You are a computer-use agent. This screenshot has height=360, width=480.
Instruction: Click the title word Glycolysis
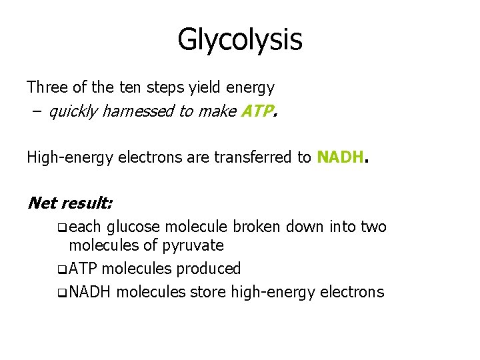click(240, 39)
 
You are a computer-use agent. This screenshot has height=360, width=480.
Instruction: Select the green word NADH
click(341, 157)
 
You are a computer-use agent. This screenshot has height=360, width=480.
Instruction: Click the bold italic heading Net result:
click(69, 203)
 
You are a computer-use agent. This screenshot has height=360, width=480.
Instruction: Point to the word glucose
click(131, 227)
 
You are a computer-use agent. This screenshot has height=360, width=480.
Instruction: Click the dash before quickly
click(34, 111)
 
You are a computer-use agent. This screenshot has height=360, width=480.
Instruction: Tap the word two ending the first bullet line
click(373, 227)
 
